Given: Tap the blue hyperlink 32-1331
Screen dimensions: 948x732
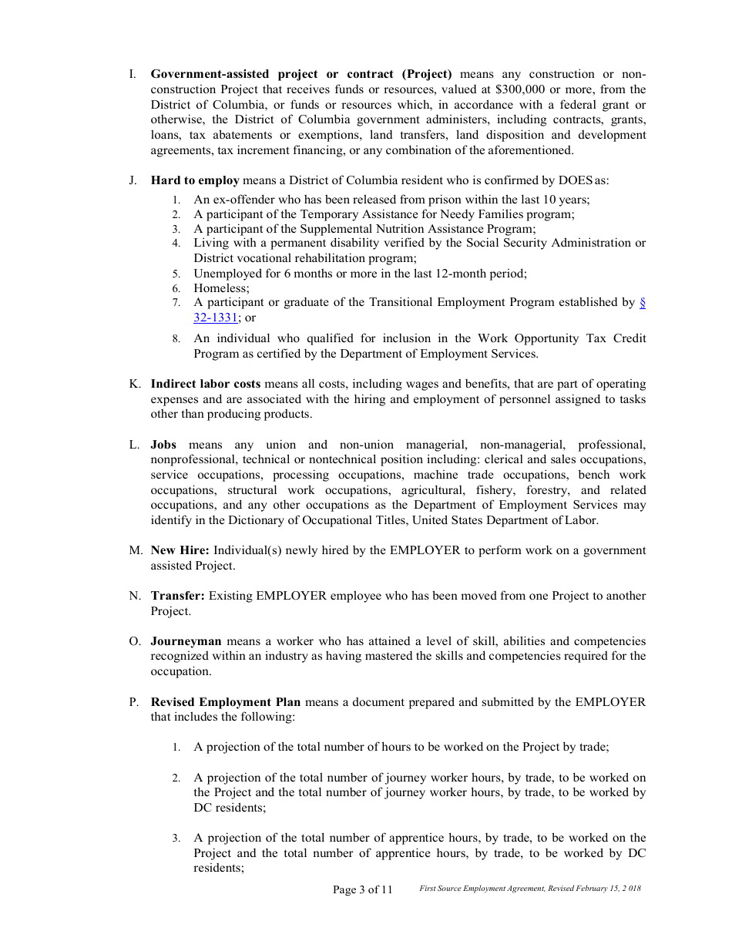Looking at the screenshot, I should [x=216, y=318].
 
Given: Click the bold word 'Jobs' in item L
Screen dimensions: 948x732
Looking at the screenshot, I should [x=163, y=445].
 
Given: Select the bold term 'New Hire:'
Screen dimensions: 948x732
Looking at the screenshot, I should [x=180, y=550].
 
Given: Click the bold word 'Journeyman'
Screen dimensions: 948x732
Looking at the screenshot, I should [x=186, y=641].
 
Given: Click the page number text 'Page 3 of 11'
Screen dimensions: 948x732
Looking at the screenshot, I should [x=362, y=889].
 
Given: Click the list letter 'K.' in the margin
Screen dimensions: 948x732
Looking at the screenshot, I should [x=134, y=384].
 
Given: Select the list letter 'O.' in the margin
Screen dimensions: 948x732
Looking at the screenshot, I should [x=134, y=641].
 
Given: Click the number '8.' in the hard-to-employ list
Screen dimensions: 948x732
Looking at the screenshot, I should [x=176, y=339].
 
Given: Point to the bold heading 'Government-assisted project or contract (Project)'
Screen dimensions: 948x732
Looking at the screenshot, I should [x=301, y=74].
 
